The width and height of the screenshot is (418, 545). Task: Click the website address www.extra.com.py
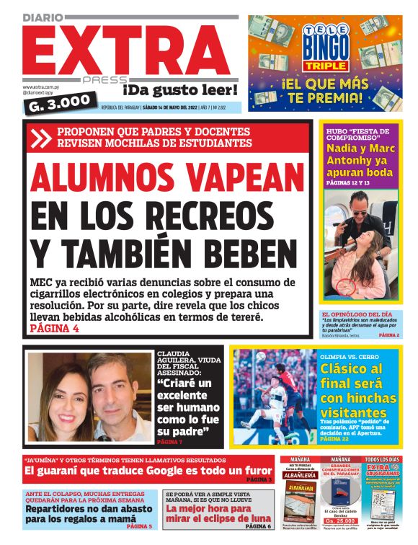pos(40,87)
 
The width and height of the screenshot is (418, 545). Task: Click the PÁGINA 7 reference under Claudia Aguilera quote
pos(170,441)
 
